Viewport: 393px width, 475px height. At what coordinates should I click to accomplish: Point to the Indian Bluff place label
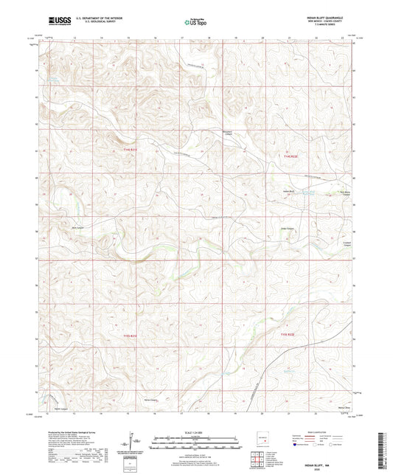coord(290,192)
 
